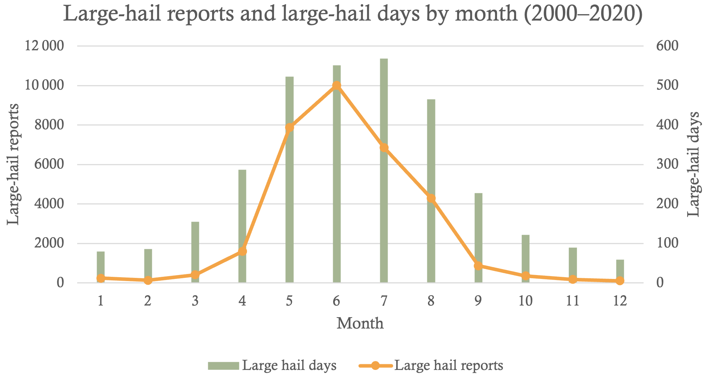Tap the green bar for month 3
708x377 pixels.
195,248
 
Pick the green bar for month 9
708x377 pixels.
478,230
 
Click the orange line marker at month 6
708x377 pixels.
337,86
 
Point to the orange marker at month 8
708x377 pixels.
431,198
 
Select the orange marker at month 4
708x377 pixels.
242,251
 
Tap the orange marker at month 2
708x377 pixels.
148,280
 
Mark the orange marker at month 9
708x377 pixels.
478,266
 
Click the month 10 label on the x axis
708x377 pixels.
525,301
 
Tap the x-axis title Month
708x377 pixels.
360,324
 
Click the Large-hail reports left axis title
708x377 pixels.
13,164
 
